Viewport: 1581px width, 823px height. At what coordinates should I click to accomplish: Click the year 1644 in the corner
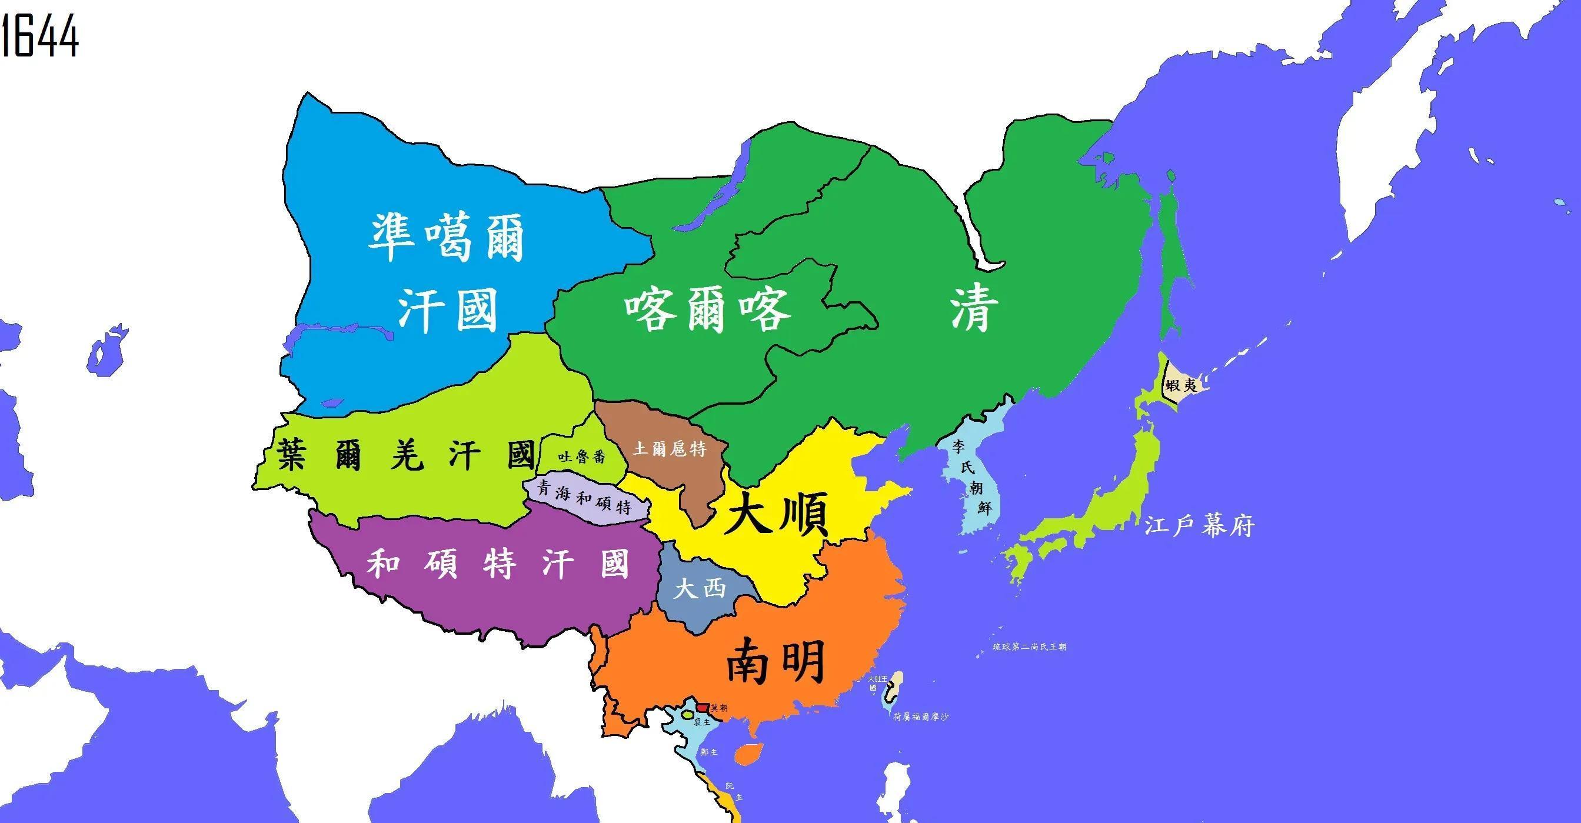40,37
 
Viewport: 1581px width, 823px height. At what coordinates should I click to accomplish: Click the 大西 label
700,590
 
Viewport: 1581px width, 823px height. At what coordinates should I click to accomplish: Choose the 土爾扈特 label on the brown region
669,449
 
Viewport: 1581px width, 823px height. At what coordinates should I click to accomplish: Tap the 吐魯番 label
581,457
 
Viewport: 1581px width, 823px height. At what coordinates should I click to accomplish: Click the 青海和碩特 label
584,497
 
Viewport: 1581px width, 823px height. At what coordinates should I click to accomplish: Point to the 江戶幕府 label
1199,526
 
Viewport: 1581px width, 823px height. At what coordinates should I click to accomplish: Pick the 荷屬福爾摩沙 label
921,716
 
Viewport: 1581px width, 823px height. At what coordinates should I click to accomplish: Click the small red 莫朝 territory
703,707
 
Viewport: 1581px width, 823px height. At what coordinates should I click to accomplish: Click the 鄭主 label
709,752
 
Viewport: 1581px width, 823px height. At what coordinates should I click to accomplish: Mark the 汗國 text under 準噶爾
446,311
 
